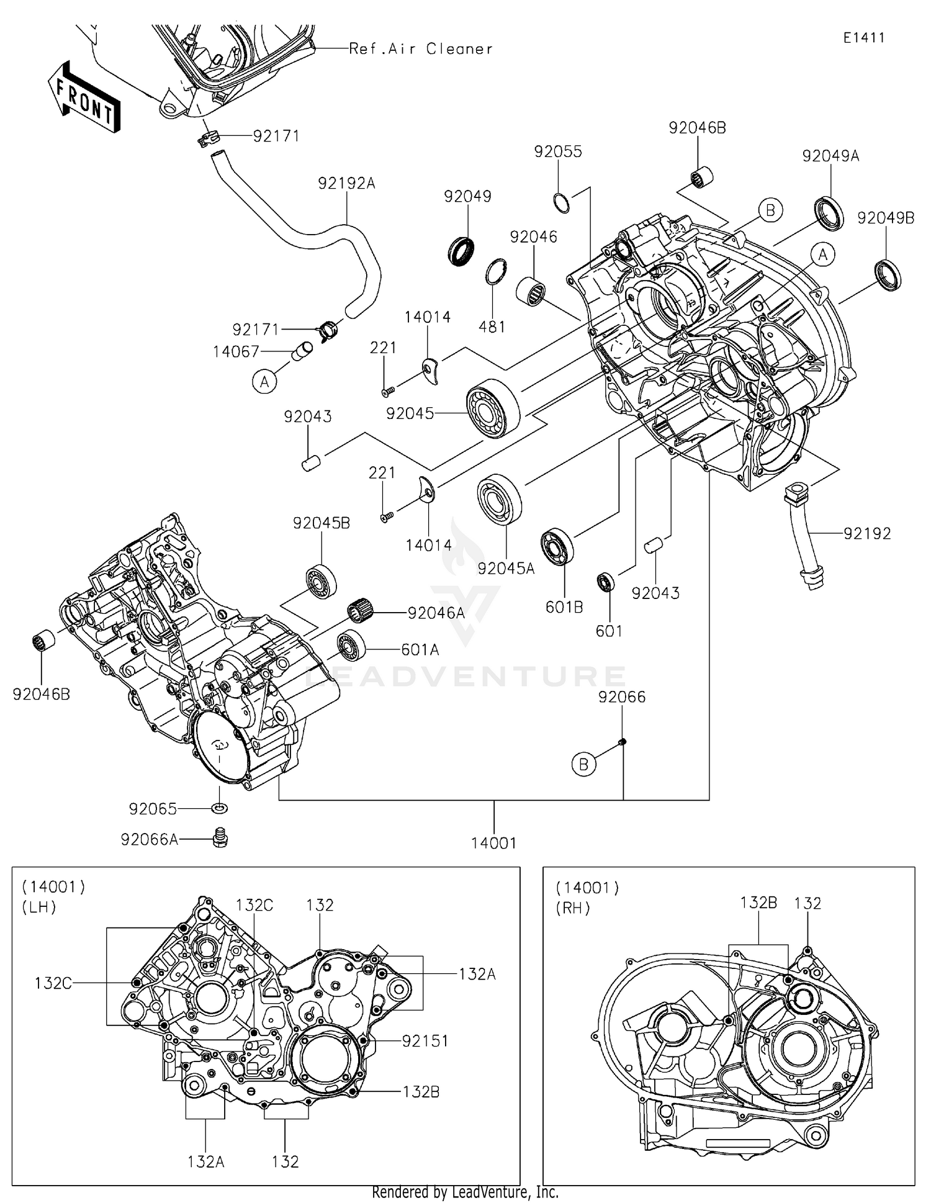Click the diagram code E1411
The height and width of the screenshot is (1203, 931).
(863, 38)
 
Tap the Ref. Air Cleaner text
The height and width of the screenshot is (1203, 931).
(421, 49)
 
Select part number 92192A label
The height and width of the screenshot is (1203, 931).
(346, 184)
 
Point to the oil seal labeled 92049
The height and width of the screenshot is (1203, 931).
(461, 251)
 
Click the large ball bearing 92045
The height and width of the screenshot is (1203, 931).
(493, 408)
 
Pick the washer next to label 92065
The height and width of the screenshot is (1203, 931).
(220, 808)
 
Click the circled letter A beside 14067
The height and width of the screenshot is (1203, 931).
(264, 382)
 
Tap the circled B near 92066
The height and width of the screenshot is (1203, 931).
(583, 764)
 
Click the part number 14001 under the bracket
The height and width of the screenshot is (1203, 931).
(493, 843)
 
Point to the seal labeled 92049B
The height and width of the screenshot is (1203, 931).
(888, 275)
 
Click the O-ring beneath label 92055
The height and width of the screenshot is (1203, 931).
(561, 203)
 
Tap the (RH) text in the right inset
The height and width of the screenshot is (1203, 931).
(572, 908)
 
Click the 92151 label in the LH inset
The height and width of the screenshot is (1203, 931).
(425, 1041)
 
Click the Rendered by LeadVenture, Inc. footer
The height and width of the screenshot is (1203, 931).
(465, 1192)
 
